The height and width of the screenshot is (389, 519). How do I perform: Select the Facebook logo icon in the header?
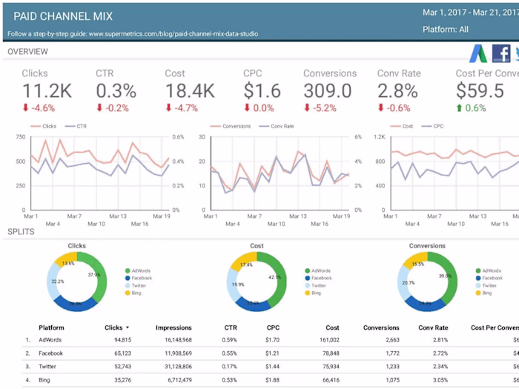(501, 53)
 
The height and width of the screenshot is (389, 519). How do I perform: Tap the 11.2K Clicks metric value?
(47, 90)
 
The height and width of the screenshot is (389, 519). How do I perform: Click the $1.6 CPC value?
(262, 90)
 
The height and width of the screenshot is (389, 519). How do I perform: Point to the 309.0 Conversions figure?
(327, 90)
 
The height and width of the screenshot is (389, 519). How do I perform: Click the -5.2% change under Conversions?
(320, 108)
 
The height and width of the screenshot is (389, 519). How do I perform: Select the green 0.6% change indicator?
(471, 108)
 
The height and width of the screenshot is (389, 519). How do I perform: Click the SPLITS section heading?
(22, 232)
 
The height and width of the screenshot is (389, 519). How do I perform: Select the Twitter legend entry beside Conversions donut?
(489, 285)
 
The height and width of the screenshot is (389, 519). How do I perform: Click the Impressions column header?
(173, 328)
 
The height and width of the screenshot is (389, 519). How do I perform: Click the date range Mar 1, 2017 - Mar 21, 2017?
(469, 13)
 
